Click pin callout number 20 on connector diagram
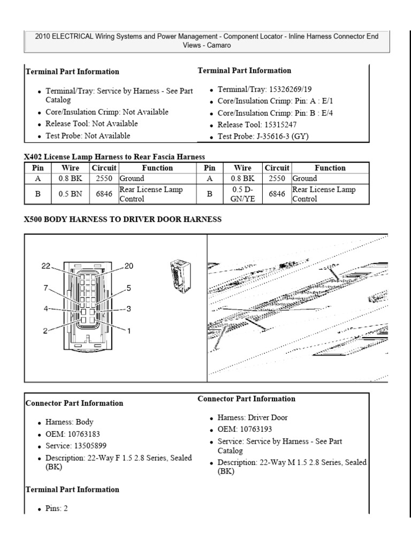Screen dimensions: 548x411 pos(129,266)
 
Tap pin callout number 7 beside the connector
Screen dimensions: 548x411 pos(46,288)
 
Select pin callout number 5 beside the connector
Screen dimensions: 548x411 pos(128,288)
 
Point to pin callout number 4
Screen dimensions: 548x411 pos(46,309)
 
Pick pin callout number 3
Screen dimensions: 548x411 pos(128,309)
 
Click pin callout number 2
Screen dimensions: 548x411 pos(46,331)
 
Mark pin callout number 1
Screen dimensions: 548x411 pos(128,331)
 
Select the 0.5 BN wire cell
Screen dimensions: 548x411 pos(70,194)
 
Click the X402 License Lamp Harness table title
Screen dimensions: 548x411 pos(115,157)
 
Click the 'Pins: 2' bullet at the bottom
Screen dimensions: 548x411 pos(56,508)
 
